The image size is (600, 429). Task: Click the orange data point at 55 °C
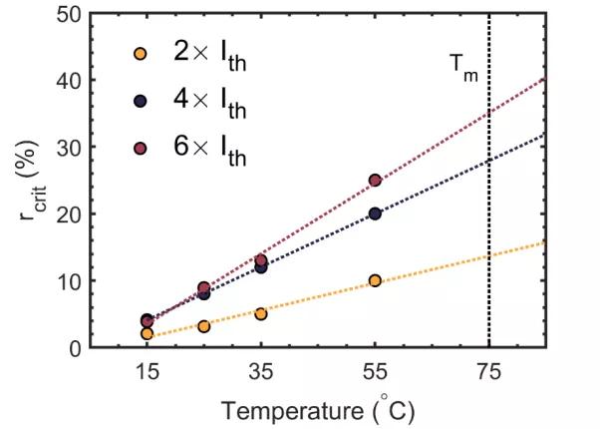[x=375, y=280]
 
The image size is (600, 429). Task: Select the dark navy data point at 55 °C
[x=375, y=214]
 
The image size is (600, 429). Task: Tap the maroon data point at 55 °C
[x=375, y=181]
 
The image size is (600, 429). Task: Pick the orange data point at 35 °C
[x=261, y=313]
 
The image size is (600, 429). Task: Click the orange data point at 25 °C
[x=204, y=326]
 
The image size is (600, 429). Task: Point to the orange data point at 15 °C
[x=148, y=333]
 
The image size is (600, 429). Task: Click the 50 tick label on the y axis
[x=98, y=14]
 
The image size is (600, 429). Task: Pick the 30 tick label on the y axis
[x=98, y=147]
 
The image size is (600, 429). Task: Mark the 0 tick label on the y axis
[x=104, y=347]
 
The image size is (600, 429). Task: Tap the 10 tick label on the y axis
[x=98, y=280]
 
